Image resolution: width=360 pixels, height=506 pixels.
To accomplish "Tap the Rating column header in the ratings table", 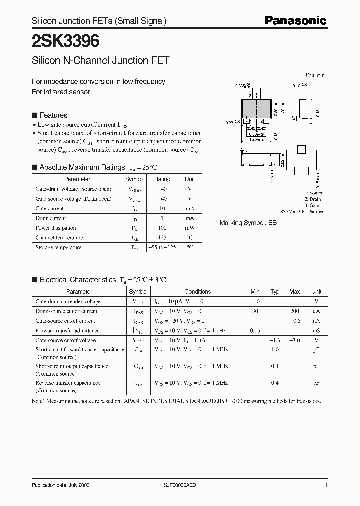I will tap(162, 179).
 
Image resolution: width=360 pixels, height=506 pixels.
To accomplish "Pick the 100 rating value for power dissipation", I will tap(162, 228).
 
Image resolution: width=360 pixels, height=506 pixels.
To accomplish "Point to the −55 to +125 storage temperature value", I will tap(162, 247).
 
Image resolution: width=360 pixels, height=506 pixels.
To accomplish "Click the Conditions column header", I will tap(198, 292).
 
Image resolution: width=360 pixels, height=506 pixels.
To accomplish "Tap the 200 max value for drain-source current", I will tap(294, 311).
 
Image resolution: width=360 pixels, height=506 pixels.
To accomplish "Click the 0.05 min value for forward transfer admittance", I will tap(255, 331).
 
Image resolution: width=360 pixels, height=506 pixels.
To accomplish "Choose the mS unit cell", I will tap(316, 331).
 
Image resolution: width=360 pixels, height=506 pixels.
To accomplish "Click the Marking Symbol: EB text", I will tap(248, 223).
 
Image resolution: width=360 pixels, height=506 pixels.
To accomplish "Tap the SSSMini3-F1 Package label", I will tap(302, 212).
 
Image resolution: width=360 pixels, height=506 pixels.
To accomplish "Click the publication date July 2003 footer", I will tap(61, 485).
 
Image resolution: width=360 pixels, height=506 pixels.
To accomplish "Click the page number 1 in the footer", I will tap(326, 485).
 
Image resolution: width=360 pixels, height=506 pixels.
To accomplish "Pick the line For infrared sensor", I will tap(61, 92).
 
